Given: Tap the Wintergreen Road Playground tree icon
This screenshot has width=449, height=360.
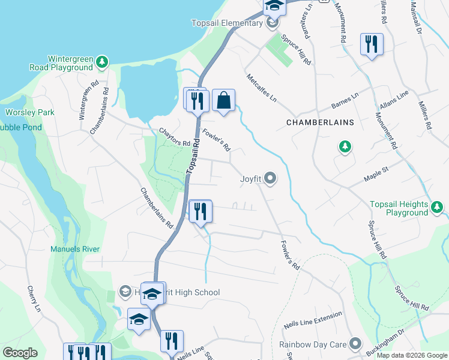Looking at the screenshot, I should [x=103, y=61].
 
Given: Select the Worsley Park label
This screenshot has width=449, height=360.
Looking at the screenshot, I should [x=30, y=112].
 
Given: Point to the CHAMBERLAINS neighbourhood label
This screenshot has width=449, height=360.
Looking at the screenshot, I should [x=320, y=122].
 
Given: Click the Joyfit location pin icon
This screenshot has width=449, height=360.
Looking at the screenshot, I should [x=271, y=178].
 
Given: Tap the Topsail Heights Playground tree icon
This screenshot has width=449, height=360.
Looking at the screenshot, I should [x=438, y=208].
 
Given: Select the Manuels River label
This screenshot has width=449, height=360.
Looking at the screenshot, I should [x=75, y=249].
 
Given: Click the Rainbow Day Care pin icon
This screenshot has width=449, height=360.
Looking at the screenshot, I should [x=356, y=344].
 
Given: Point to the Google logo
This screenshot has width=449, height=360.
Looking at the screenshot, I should [x=20, y=353].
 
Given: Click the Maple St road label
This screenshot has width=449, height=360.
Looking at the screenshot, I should [x=377, y=174].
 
